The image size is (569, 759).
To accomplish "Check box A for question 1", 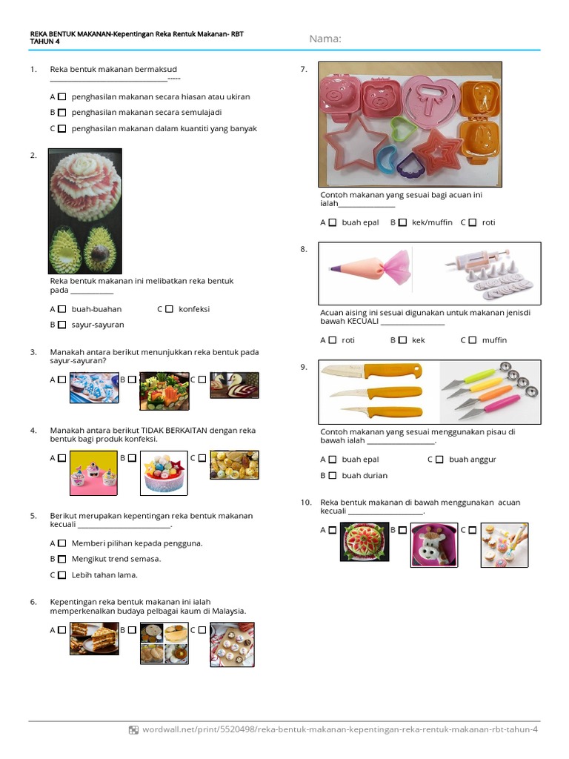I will (62, 96).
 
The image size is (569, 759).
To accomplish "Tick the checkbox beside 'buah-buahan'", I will (62, 309).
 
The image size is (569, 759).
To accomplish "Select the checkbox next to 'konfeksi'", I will (169, 309).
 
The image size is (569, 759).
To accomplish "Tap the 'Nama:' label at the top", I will (325, 39).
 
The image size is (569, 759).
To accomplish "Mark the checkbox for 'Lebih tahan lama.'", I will (62, 574).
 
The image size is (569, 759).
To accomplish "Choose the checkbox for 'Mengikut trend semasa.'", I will (62, 559).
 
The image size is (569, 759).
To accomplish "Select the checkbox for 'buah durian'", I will (333, 475).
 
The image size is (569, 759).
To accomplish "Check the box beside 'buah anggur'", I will (439, 460).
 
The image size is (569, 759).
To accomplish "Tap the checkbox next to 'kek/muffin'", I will (402, 222).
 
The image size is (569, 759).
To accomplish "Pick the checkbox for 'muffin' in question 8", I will (472, 340).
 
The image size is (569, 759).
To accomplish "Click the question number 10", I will (305, 503).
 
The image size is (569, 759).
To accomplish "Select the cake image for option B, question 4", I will (164, 473).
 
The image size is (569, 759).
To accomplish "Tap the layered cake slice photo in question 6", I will (94, 638).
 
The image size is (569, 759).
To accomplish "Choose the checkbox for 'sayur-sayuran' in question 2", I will (62, 325).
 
